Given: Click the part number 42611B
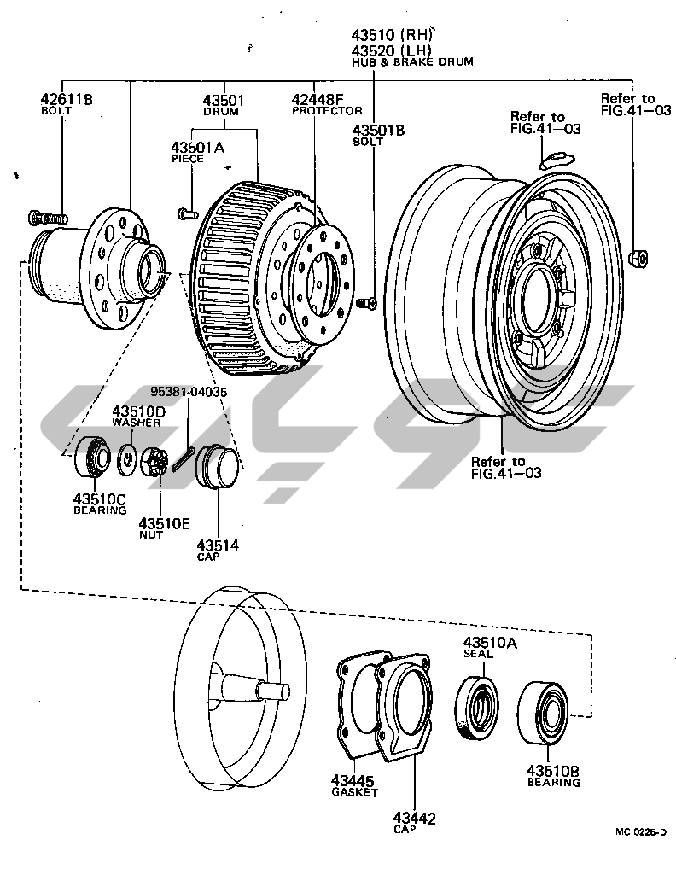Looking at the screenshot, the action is (67, 99).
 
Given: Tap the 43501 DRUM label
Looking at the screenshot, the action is (223, 104).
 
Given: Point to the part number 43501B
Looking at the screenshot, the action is (378, 131).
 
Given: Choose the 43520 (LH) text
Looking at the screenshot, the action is (391, 50).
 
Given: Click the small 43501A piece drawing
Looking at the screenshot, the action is (188, 213).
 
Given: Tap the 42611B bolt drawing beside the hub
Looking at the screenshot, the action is (48, 217).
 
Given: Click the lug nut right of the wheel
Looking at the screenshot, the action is (638, 258).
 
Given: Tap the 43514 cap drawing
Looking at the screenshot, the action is (217, 466).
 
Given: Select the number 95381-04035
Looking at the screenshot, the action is (189, 392).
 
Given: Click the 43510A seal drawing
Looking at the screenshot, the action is (477, 709).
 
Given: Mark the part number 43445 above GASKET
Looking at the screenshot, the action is (353, 781).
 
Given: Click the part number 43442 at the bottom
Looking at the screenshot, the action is (415, 818).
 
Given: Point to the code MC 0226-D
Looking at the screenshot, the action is (640, 831).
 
